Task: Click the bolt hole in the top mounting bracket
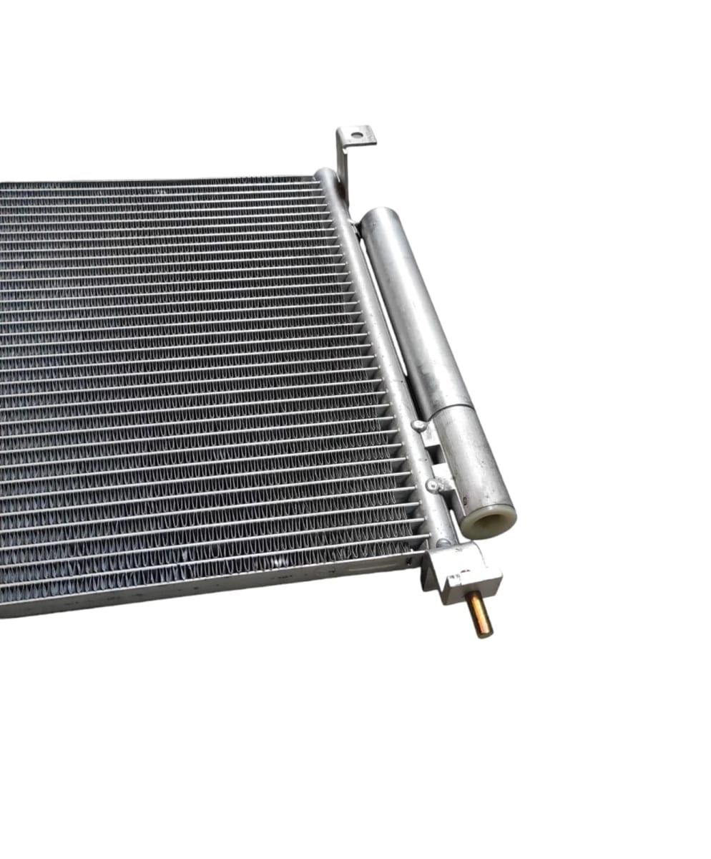(357, 135)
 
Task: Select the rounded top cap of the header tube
(325, 173)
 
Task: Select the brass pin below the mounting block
(479, 614)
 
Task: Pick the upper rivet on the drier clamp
(418, 425)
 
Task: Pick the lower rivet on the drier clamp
(432, 485)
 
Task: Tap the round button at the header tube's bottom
(443, 542)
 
